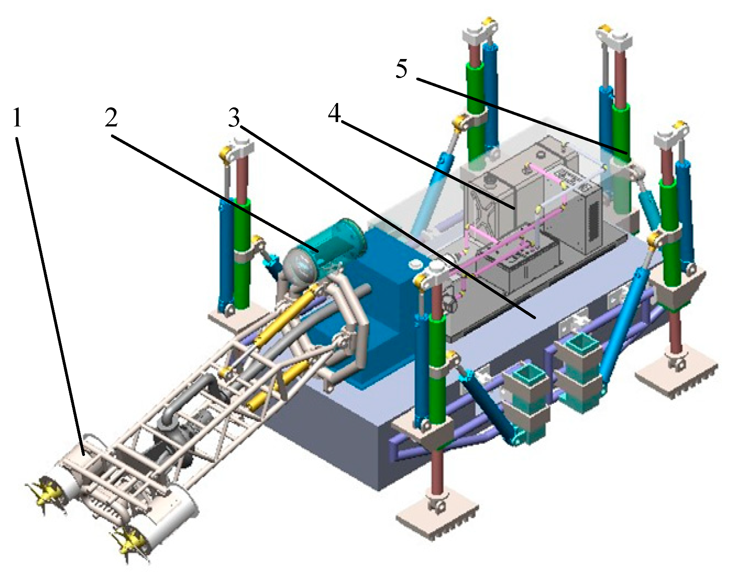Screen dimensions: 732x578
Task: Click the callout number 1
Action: point(17,118)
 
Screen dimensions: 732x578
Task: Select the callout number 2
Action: point(111,118)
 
